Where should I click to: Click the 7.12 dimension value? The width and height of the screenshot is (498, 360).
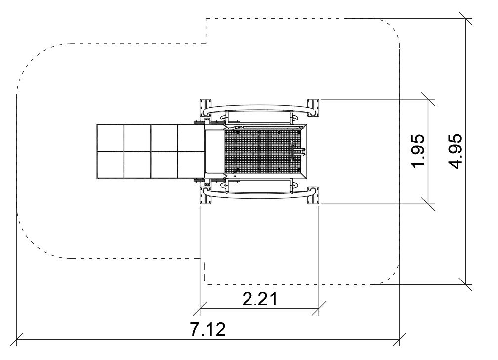coord(208,329)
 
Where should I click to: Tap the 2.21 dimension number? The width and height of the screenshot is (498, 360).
coord(260,299)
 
